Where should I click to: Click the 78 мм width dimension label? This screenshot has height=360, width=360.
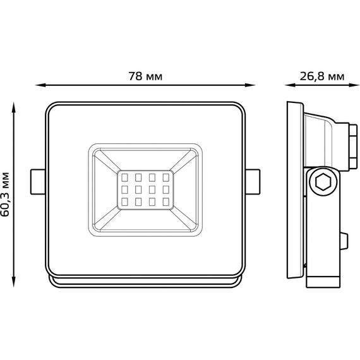[x=145, y=76]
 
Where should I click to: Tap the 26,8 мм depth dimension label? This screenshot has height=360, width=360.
[x=322, y=76]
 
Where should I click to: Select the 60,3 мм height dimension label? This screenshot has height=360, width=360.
[x=5, y=195]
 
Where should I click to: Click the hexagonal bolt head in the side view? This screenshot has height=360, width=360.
[x=323, y=182]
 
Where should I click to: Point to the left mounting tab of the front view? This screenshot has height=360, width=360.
[x=38, y=182]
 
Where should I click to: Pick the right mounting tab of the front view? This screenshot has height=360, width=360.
[x=253, y=182]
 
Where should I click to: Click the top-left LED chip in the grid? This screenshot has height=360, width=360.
[x=124, y=177]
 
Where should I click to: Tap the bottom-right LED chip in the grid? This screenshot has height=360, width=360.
[x=165, y=202]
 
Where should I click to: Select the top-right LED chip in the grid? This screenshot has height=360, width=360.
[x=165, y=177]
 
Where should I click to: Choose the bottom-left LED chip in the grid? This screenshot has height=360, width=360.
[x=124, y=202]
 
